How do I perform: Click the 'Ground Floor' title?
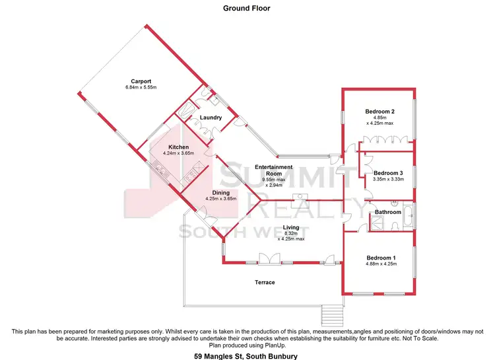[247, 9]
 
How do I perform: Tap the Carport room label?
[141, 81]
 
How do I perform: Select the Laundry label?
[211, 118]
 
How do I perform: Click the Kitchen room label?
[178, 147]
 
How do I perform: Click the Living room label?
[291, 227]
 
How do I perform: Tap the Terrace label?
[265, 282]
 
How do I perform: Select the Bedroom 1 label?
[381, 258]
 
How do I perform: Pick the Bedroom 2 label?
[380, 111]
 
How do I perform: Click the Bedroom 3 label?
[387, 172]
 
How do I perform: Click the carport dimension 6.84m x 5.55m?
[141, 87]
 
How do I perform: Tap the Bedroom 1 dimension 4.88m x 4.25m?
[381, 264]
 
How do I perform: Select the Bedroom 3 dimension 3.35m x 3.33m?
[387, 179]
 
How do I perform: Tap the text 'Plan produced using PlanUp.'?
[247, 345]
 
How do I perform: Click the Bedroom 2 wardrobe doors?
[386, 140]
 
